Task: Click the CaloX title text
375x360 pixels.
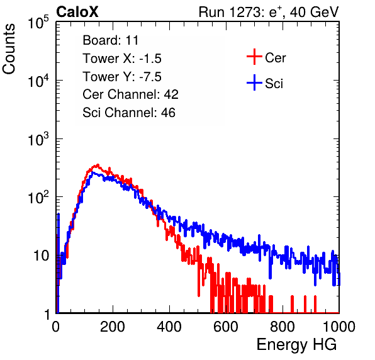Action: point(77,12)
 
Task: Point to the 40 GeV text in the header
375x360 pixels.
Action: point(314,12)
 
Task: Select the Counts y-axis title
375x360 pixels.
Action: point(9,48)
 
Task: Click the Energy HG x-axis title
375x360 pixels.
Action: point(296,344)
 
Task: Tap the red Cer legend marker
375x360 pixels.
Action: point(254,57)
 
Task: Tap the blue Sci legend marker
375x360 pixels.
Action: point(254,82)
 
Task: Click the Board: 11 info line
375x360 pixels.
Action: point(111,40)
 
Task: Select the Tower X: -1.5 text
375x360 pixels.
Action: point(122,59)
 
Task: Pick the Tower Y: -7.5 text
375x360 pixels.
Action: point(122,77)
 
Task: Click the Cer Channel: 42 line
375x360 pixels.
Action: point(130,94)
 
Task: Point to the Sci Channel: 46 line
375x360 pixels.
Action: point(129,113)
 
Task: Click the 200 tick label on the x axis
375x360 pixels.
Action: point(113,327)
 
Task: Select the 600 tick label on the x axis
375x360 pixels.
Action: point(226,327)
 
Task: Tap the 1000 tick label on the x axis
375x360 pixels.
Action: point(339,327)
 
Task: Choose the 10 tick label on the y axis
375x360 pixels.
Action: point(41,256)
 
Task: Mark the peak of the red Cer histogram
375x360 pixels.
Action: point(98,164)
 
